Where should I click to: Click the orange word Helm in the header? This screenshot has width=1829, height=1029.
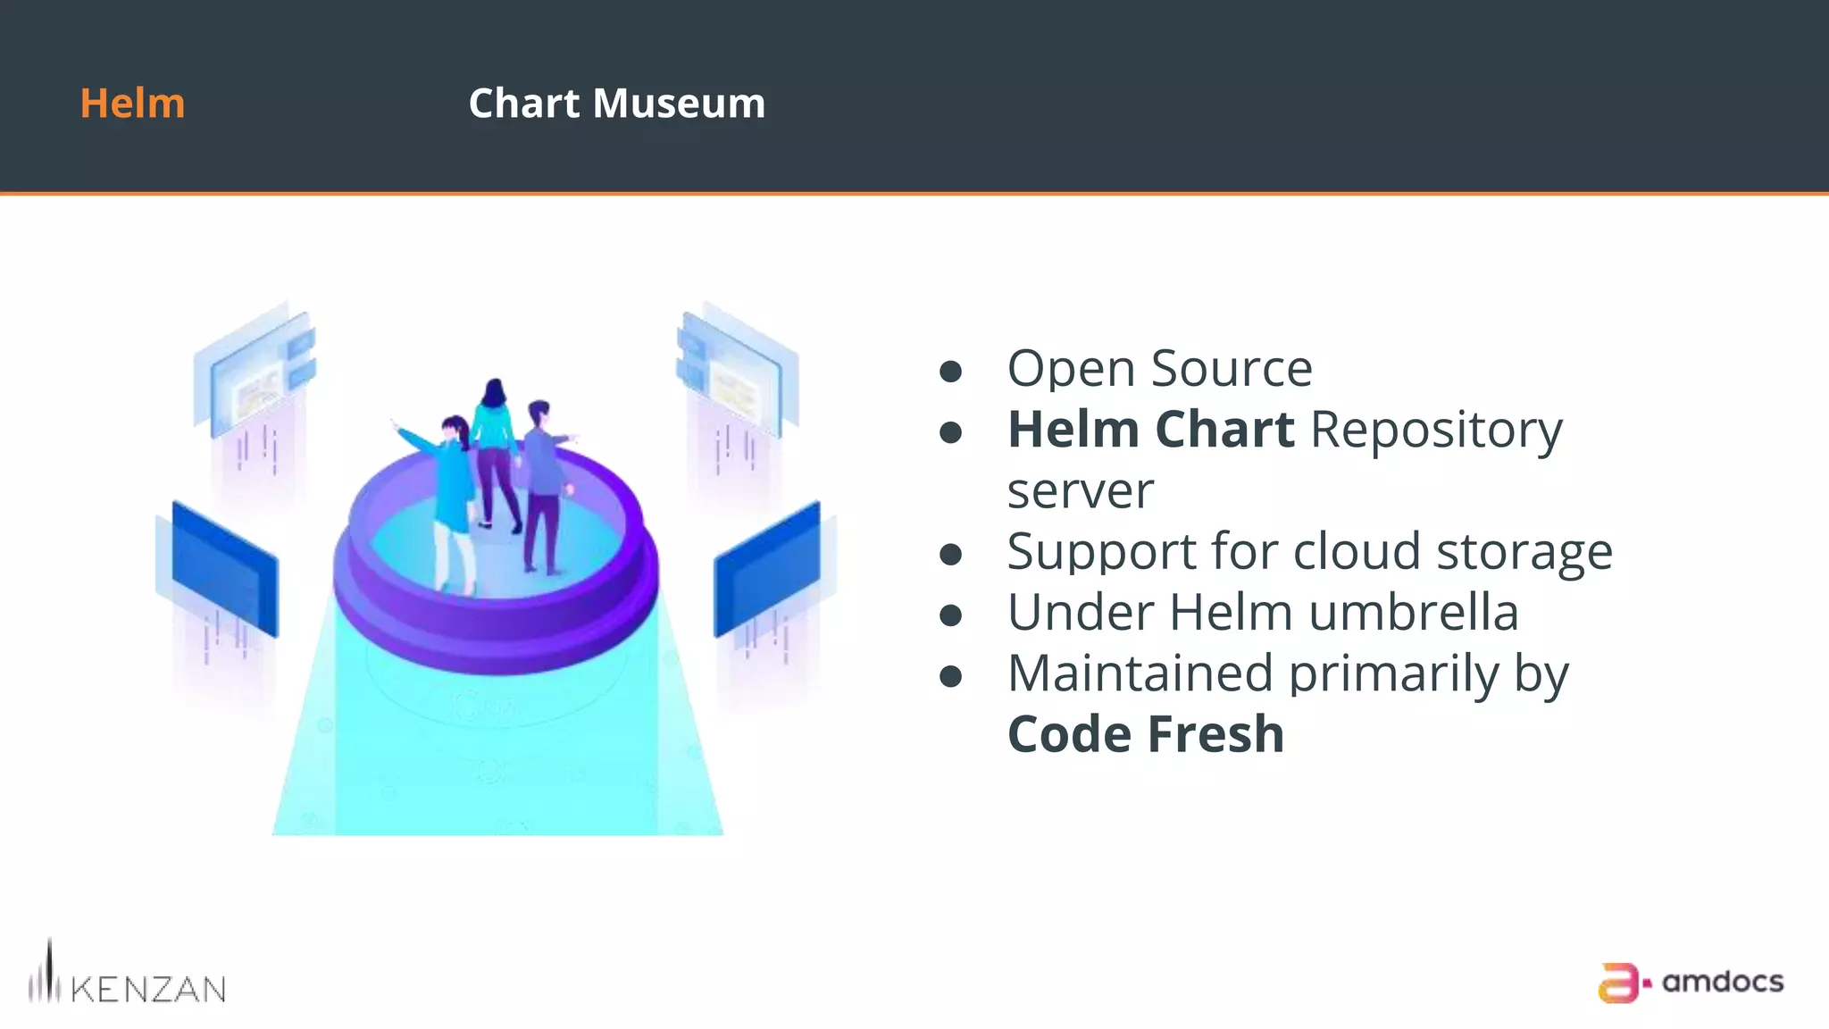click(x=132, y=104)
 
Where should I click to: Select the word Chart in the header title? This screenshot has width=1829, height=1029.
click(x=523, y=104)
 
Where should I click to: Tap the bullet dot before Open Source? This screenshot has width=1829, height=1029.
click(x=951, y=371)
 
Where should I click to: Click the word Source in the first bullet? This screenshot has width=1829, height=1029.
click(x=1232, y=368)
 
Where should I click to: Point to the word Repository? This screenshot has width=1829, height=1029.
click(x=1436, y=431)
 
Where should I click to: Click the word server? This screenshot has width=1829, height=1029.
click(x=1081, y=491)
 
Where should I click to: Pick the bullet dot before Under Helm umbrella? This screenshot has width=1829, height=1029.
click(x=951, y=615)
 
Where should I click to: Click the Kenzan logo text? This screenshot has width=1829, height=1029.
click(x=147, y=989)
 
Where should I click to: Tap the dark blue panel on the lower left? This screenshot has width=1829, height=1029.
click(x=224, y=569)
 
